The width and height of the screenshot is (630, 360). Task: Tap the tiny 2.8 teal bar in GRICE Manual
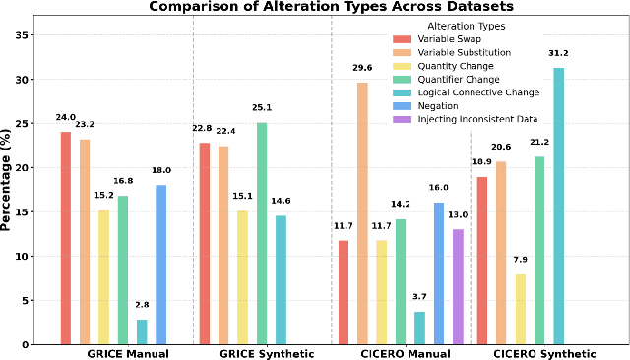point(142,331)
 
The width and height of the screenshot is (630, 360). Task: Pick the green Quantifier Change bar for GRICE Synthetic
point(262,233)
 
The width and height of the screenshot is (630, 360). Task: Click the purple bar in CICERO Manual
point(457,286)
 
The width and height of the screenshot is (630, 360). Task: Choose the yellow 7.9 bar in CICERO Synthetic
point(520,309)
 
